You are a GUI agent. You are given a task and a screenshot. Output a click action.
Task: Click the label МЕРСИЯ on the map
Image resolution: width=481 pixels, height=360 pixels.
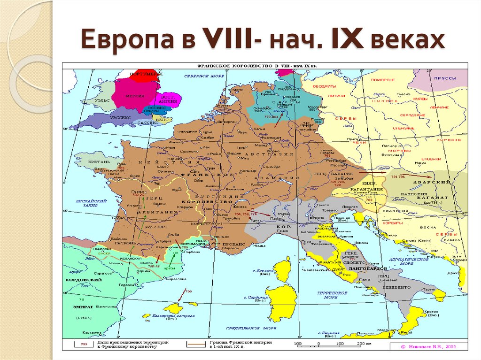[x=134, y=96]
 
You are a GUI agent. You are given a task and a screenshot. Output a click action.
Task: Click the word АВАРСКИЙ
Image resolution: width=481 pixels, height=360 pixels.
[x=430, y=182]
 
